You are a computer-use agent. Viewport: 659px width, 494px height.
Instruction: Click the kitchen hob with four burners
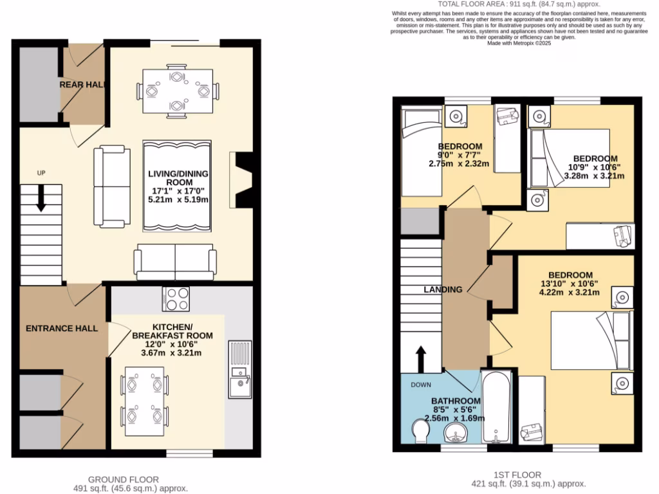pyautogui.click(x=178, y=299)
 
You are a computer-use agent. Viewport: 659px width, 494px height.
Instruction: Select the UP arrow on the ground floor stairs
pyautogui.click(x=41, y=198)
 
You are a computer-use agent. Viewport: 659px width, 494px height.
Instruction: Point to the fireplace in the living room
pyautogui.click(x=242, y=180)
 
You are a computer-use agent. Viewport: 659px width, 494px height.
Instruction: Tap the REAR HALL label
pyautogui.click(x=82, y=84)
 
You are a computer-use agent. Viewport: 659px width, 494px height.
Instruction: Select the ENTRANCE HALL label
pyautogui.click(x=62, y=328)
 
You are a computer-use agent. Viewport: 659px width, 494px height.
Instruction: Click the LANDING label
pyautogui.click(x=443, y=289)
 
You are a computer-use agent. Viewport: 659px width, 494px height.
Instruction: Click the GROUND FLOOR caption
pyautogui.click(x=124, y=479)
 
